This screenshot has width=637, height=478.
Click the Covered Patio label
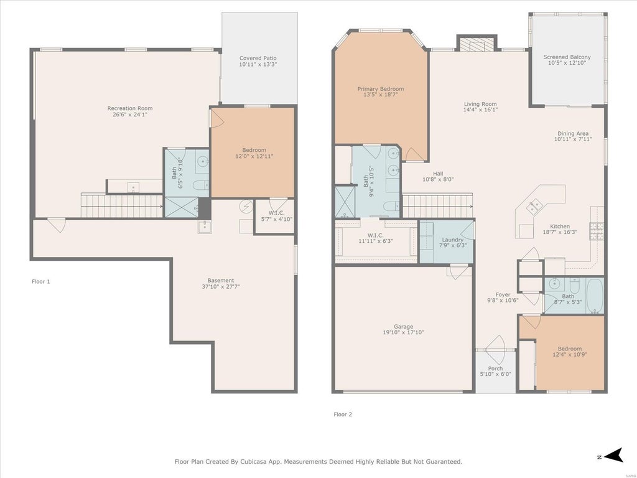tap(258, 58)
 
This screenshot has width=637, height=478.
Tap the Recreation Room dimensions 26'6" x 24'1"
tap(130, 115)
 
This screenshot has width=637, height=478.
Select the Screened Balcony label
tap(567, 57)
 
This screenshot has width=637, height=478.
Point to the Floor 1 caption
tap(40, 281)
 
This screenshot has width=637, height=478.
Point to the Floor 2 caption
tap(343, 414)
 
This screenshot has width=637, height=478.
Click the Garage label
tap(403, 326)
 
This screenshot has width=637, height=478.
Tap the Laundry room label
tap(452, 240)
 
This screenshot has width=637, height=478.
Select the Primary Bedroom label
tap(381, 88)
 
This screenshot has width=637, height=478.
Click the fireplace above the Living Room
tap(477, 44)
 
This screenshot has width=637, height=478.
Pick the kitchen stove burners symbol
tap(597, 232)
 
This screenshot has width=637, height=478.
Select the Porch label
tap(496, 368)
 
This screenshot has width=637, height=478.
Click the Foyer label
tap(503, 294)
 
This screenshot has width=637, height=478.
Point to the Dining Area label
tap(573, 133)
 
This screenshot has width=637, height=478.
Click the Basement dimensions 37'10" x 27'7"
tap(221, 286)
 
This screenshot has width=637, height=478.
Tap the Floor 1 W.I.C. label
tap(276, 213)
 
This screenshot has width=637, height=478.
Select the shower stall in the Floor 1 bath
tap(182, 207)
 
